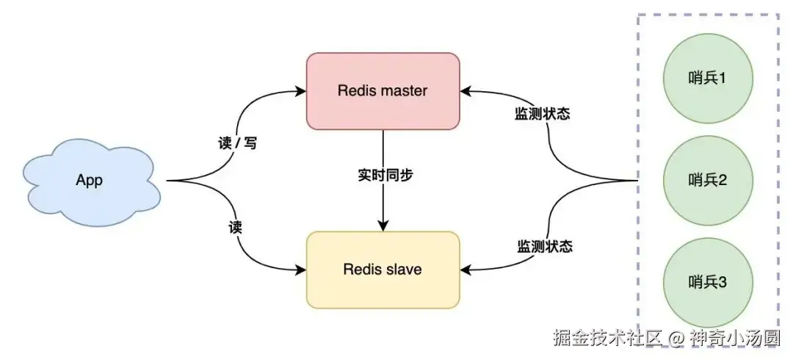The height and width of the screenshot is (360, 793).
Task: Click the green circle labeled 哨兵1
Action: [x=708, y=77]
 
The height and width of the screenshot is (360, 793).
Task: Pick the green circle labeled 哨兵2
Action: [x=708, y=180]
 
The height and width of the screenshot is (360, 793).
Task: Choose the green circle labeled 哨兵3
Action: [x=708, y=282]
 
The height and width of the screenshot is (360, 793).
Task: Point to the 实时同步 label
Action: [x=383, y=176]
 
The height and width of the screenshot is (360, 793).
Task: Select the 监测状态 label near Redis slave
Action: [x=544, y=246]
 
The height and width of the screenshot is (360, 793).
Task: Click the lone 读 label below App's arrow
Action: [x=235, y=227]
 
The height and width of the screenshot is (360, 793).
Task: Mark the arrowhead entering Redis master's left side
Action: [x=301, y=91]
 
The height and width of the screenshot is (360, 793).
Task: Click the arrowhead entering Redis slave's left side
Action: [x=301, y=270]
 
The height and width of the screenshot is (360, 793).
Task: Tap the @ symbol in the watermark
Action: [x=677, y=339]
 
